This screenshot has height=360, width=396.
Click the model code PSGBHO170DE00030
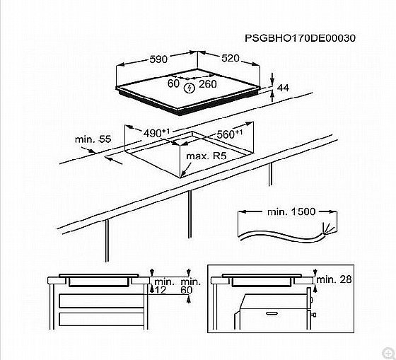(x=300, y=38)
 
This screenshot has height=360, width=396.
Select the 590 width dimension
(x=158, y=59)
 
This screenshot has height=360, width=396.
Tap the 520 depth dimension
(x=231, y=59)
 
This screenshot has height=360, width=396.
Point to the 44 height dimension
(x=283, y=88)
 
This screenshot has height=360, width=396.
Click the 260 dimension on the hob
(x=208, y=84)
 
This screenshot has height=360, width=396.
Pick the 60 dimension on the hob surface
(x=173, y=83)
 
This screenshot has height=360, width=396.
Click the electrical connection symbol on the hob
(x=190, y=88)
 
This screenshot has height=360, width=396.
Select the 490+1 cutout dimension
(x=156, y=133)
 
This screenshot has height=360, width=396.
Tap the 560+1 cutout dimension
(x=230, y=134)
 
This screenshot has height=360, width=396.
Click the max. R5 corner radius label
(x=206, y=156)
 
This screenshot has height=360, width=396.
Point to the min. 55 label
(x=93, y=139)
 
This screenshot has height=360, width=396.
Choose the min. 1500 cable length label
(x=291, y=211)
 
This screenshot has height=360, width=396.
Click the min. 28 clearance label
(x=334, y=279)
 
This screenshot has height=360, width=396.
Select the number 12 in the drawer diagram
(x=161, y=290)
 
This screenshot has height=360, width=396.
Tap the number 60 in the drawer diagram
(x=187, y=290)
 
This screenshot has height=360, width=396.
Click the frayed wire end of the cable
(x=329, y=229)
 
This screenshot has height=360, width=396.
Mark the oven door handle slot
(x=272, y=313)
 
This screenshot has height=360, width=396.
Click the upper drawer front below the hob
(x=102, y=301)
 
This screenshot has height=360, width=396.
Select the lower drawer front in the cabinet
(x=102, y=319)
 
